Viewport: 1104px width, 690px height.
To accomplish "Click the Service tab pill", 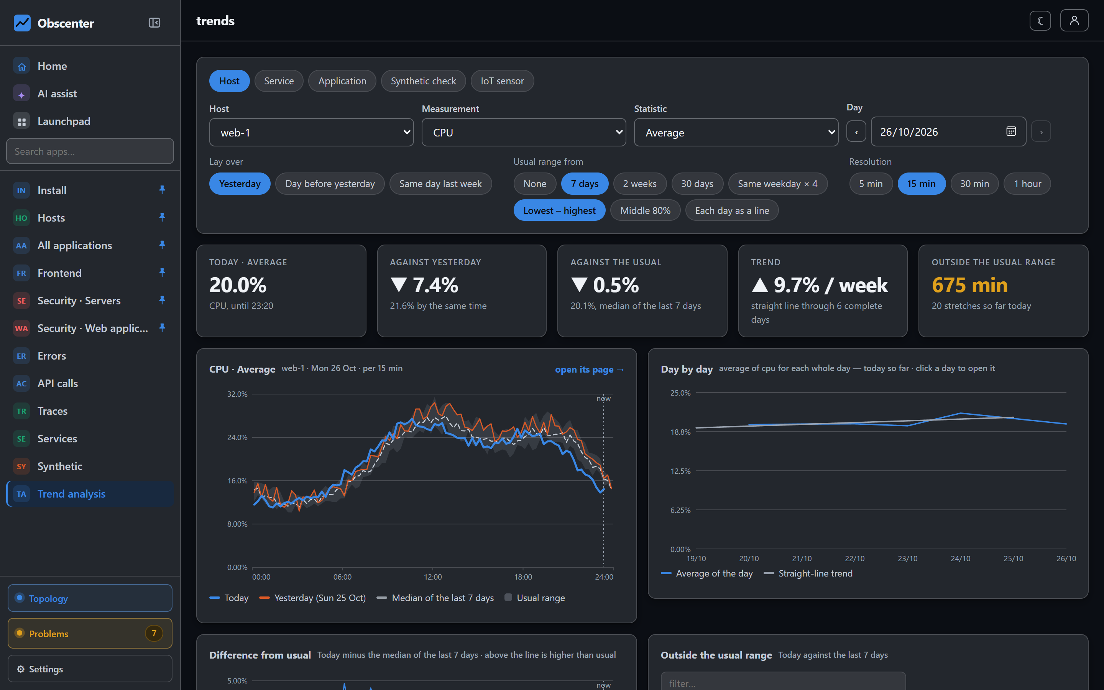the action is [279, 81].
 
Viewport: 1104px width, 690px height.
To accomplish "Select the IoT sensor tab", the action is [502, 81].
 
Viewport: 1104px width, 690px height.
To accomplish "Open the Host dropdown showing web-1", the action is [311, 132].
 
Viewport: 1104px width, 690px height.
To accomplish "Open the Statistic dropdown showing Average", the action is [736, 132].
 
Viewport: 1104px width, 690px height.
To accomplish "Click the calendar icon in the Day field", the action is [1011, 131].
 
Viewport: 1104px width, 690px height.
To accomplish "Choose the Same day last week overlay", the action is [440, 184].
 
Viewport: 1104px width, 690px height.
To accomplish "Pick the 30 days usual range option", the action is [697, 184].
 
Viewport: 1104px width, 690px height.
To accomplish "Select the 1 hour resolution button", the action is [1027, 184].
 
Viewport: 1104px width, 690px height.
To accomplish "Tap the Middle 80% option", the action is [645, 210].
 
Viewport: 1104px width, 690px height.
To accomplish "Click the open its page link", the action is [589, 369].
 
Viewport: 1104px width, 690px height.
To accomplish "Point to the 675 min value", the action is [969, 285].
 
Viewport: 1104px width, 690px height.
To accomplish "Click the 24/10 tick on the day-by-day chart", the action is [960, 558].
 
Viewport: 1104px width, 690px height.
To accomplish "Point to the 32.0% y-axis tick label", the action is [237, 394].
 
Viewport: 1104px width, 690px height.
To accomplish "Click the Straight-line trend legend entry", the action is [808, 573].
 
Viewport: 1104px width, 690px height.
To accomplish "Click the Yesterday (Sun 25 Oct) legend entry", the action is [312, 598].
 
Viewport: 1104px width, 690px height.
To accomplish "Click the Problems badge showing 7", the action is [154, 633].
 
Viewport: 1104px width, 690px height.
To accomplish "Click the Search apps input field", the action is [90, 151].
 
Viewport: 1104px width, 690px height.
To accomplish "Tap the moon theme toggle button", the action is [1040, 21].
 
